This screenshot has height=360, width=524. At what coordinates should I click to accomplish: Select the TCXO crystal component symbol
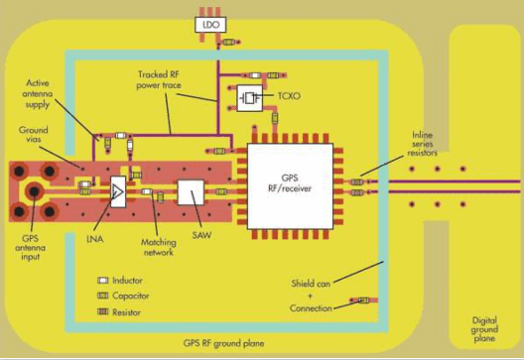point(248,97)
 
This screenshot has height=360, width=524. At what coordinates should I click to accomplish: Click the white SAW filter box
point(191,192)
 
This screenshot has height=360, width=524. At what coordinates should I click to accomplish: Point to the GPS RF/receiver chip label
point(290,184)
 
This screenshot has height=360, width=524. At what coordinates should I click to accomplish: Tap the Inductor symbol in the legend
point(101,281)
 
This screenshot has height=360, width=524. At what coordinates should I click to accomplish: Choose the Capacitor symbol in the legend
point(101,296)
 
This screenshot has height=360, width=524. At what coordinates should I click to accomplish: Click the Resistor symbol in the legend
point(101,311)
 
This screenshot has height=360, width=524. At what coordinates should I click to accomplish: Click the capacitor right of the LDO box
point(231,42)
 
